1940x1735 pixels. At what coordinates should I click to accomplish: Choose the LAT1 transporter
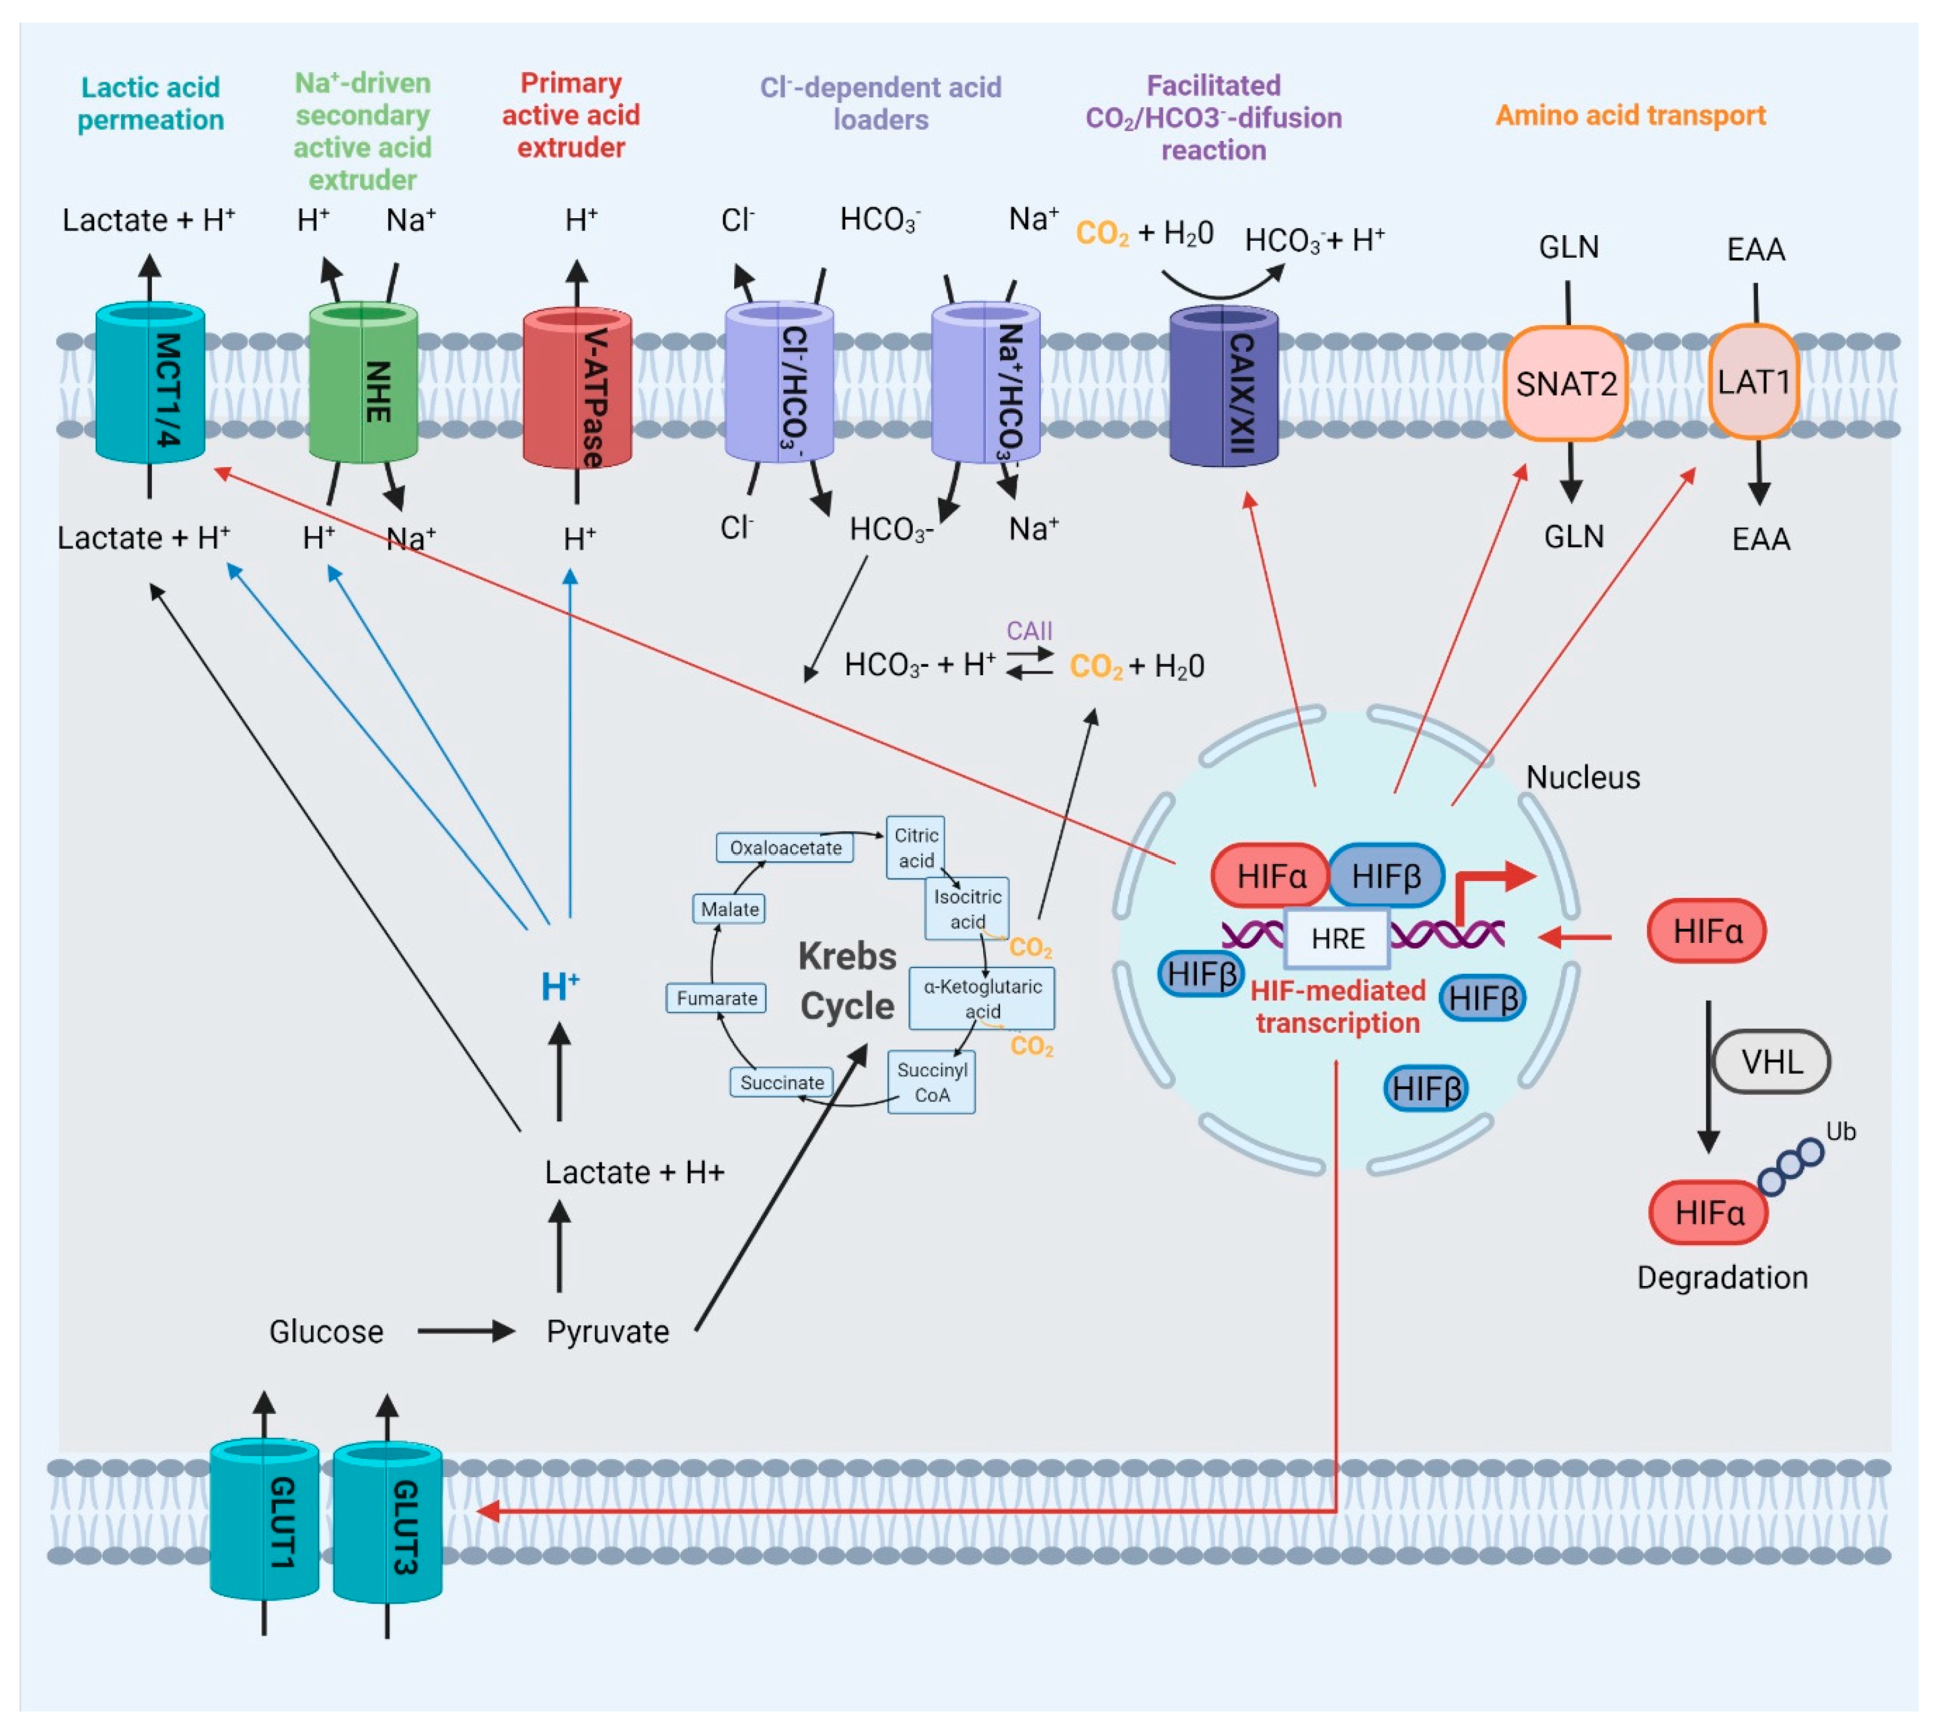pyautogui.click(x=1753, y=381)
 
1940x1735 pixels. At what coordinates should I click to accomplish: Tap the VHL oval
pyautogui.click(x=1771, y=1061)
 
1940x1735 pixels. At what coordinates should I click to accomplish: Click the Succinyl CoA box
pyautogui.click(x=931, y=1082)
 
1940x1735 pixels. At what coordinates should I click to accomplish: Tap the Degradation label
pyautogui.click(x=1722, y=1277)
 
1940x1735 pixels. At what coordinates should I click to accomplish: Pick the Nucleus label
pyautogui.click(x=1582, y=777)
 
